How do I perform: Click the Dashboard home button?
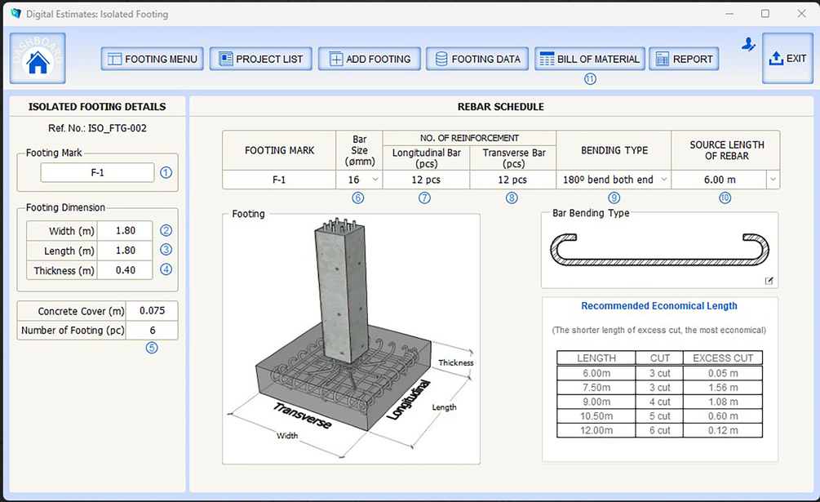(38, 59)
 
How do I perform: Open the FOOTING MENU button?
(153, 59)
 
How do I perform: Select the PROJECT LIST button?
(261, 59)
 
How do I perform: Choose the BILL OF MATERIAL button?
(589, 59)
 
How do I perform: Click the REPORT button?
(684, 59)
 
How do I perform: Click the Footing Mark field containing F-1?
(97, 172)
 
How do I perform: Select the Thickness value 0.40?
(126, 270)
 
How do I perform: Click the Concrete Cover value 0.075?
(153, 311)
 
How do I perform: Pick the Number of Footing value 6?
(153, 331)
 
